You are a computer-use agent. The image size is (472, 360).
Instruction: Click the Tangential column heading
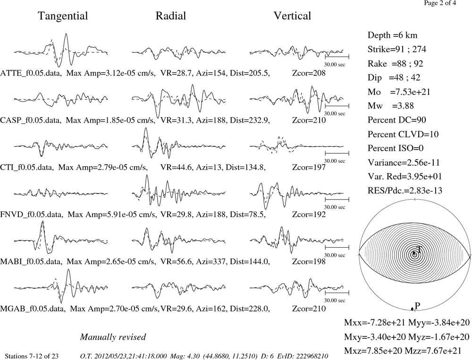(63, 16)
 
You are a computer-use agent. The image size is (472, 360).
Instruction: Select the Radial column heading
(171, 16)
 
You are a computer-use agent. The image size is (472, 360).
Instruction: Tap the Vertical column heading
(292, 16)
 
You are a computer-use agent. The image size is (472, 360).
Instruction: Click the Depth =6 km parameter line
(393, 35)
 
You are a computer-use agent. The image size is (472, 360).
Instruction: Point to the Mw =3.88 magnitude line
(391, 106)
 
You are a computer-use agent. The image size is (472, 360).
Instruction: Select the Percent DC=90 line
(397, 120)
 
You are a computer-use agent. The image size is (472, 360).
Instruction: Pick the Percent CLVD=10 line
(403, 134)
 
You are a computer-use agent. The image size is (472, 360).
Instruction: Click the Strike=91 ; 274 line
(397, 50)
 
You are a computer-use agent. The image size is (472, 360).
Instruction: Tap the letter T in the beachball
(419, 249)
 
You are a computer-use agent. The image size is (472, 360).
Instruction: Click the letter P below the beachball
(417, 306)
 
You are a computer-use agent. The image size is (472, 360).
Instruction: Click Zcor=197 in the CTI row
(309, 167)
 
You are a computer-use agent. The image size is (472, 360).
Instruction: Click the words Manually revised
(113, 337)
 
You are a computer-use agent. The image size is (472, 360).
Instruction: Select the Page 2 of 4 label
(440, 3)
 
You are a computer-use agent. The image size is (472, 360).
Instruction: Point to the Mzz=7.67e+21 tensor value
(438, 351)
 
